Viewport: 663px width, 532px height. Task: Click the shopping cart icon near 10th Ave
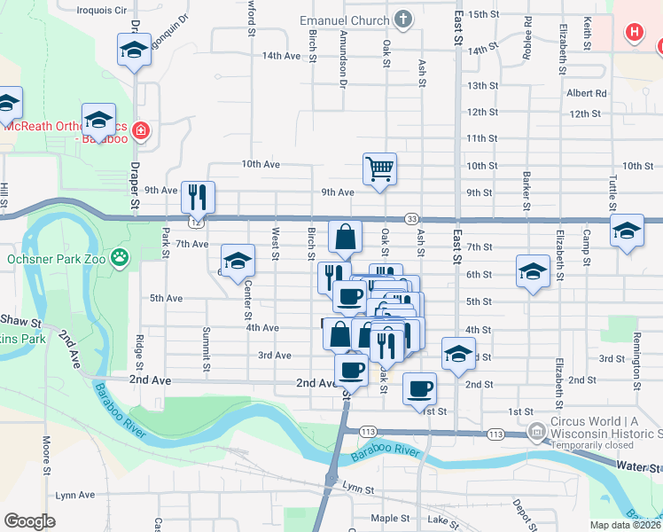pos(379,168)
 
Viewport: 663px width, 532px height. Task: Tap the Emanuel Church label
pos(345,20)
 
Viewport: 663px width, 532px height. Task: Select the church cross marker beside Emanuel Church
pos(402,20)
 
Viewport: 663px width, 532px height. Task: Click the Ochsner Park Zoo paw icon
pos(119,259)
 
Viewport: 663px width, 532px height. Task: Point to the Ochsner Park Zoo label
pos(57,259)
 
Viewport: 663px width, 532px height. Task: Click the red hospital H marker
pos(634,34)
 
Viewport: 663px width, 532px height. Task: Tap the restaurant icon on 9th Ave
pos(198,196)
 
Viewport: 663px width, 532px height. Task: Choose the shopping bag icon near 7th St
pos(346,236)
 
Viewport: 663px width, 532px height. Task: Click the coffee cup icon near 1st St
pos(419,387)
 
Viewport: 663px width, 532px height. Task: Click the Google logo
pos(29,521)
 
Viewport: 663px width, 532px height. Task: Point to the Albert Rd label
pos(587,93)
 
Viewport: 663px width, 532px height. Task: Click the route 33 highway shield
pos(411,219)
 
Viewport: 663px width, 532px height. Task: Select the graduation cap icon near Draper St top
pos(133,50)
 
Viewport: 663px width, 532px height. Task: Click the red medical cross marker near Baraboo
pos(140,133)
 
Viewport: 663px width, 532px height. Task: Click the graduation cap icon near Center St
pos(237,261)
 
